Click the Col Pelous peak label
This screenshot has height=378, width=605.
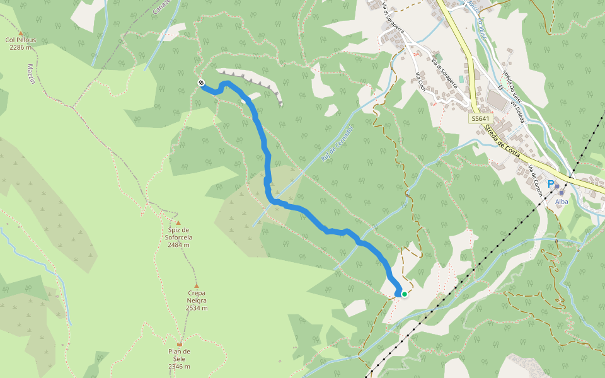point(21,40)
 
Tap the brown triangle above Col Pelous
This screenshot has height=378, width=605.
point(21,33)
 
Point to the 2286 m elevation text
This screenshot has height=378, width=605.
point(21,47)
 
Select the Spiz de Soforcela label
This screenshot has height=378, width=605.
point(180,233)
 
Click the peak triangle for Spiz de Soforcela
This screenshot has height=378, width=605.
point(178,223)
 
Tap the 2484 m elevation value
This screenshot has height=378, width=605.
point(179,245)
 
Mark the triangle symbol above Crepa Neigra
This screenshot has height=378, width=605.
point(196,285)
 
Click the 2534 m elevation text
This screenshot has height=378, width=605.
point(197,308)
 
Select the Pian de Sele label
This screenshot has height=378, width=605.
point(180,352)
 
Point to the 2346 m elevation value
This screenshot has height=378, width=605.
point(180,367)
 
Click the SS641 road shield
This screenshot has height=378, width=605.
point(480,118)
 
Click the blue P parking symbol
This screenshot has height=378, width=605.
point(551,184)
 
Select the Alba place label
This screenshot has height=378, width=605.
point(562,202)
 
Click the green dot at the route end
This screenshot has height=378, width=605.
point(404,294)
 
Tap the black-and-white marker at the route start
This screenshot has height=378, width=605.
point(200,83)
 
